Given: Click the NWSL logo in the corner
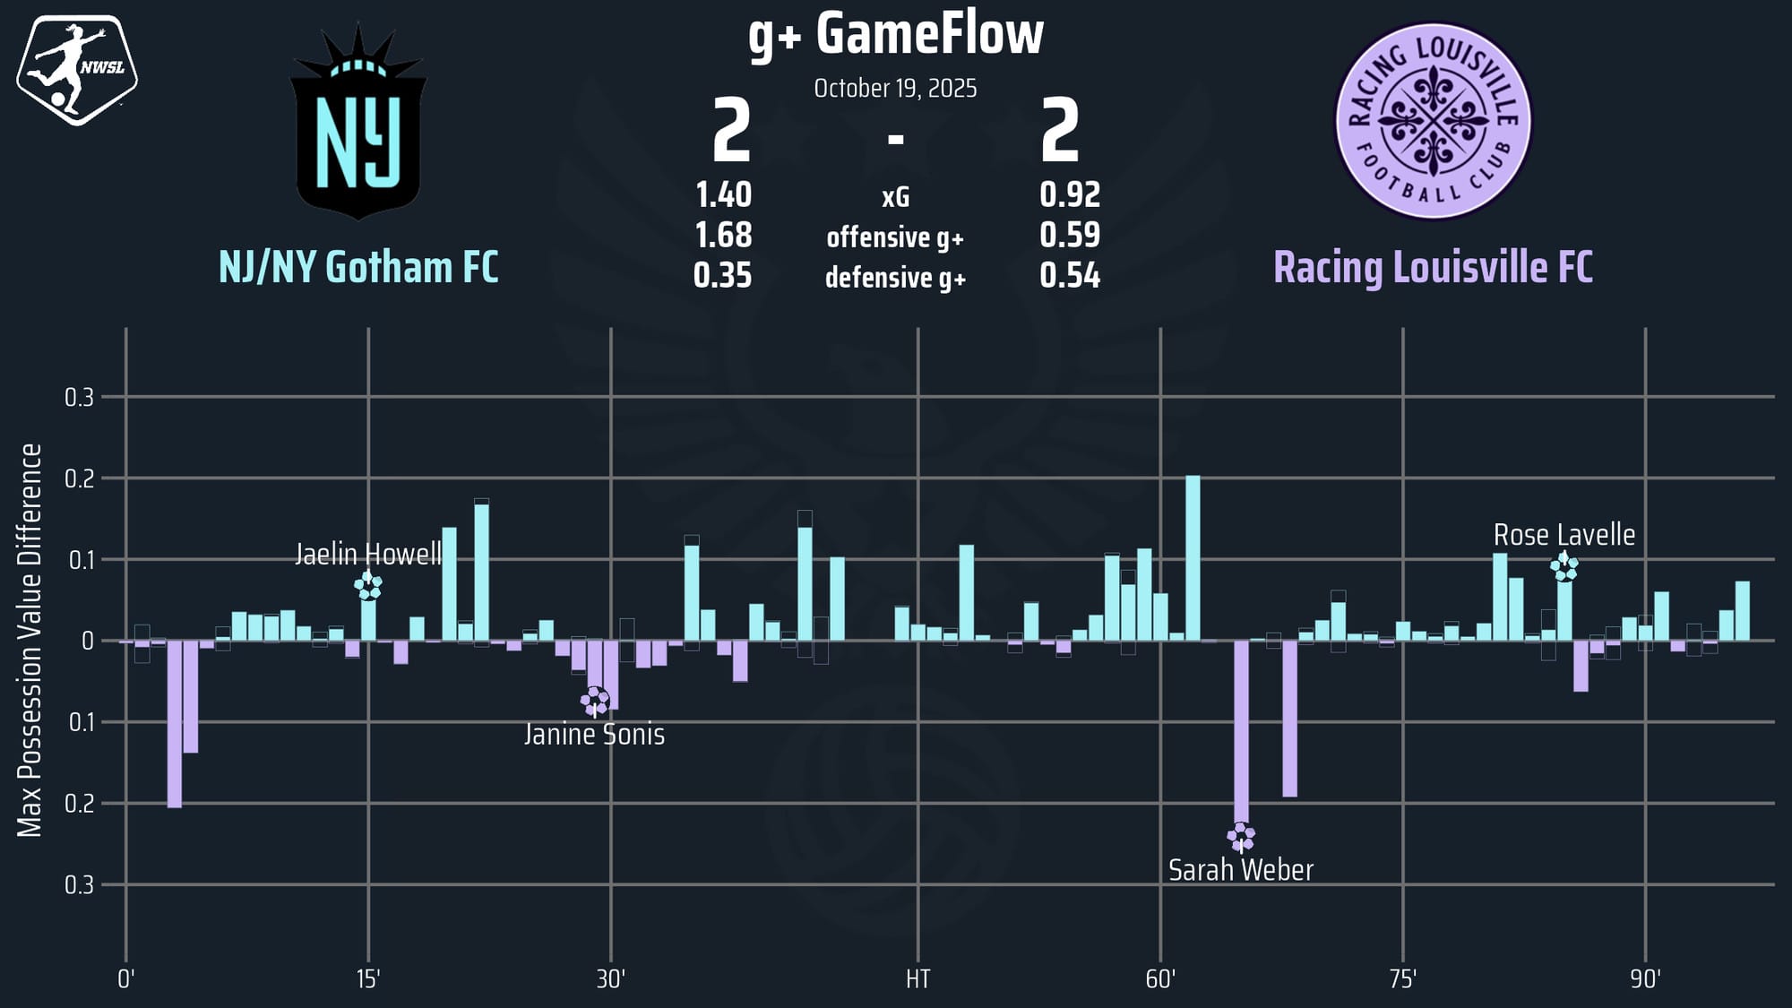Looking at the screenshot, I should click(x=77, y=69).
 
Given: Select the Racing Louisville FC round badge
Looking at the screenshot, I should click(x=1433, y=121).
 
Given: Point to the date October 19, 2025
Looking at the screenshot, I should click(x=895, y=89).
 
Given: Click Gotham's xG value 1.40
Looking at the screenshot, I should click(x=723, y=194).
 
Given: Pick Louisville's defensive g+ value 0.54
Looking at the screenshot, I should click(x=1070, y=276).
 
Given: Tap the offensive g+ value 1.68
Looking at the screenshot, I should click(x=723, y=236).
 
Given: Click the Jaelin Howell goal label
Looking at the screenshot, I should click(x=368, y=555).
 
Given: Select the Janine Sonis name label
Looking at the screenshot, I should click(x=594, y=735).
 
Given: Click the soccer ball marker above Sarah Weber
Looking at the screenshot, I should click(x=1241, y=837).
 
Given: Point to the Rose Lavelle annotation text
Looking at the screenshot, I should click(x=1564, y=535).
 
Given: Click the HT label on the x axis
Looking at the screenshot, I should click(x=918, y=979).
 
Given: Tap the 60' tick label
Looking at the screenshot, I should click(x=1159, y=979).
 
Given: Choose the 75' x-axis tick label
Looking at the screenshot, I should click(x=1402, y=979).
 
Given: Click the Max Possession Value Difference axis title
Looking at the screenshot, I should click(x=30, y=641).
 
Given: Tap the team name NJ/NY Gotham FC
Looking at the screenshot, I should click(x=358, y=267).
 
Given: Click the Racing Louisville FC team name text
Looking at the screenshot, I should click(x=1433, y=267).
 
